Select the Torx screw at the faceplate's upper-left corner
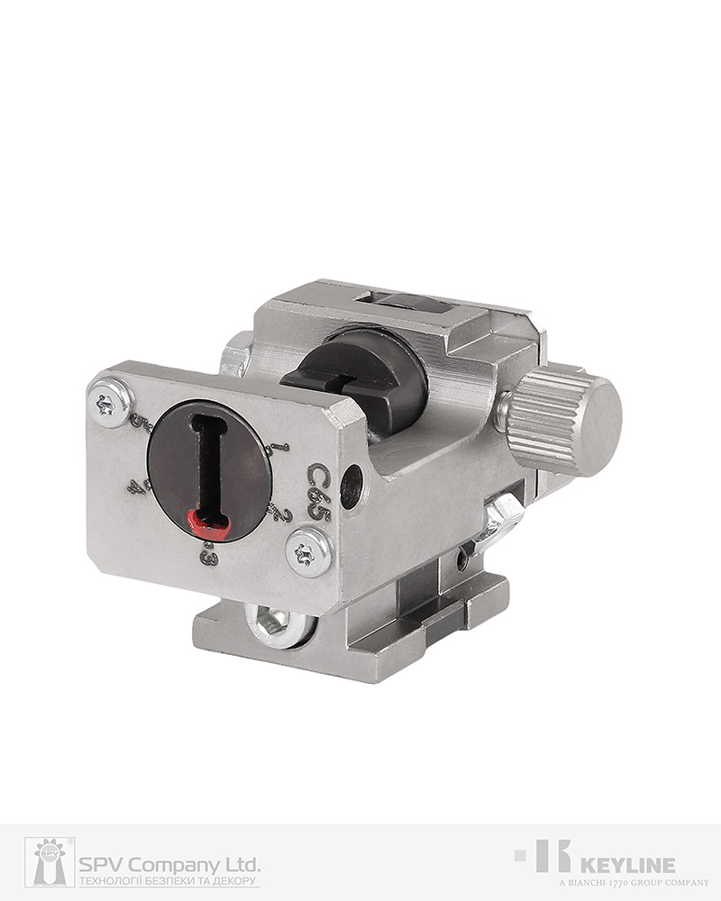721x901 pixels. (x=112, y=403)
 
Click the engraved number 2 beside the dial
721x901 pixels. (x=278, y=514)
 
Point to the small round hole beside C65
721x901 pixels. (x=351, y=486)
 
